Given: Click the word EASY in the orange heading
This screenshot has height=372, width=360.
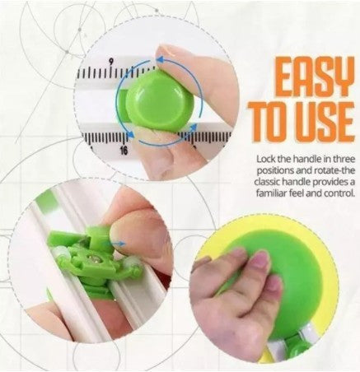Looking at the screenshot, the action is pos(315,76).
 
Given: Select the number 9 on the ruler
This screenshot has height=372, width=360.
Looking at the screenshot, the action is pos(111,62).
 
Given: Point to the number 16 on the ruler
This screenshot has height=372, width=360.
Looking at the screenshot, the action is pos(124,151).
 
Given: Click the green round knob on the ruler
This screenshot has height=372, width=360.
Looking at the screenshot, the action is pos(159,101).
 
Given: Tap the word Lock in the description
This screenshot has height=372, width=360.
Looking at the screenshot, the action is pos(266,159).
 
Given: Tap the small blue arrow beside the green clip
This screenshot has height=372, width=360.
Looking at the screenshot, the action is pos(119,244).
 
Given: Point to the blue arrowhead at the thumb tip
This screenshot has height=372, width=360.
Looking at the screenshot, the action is pos(161,59).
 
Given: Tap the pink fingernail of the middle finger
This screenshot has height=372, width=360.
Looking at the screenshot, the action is pos(259,261).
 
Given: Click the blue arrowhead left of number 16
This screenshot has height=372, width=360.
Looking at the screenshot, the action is pos(131,134).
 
